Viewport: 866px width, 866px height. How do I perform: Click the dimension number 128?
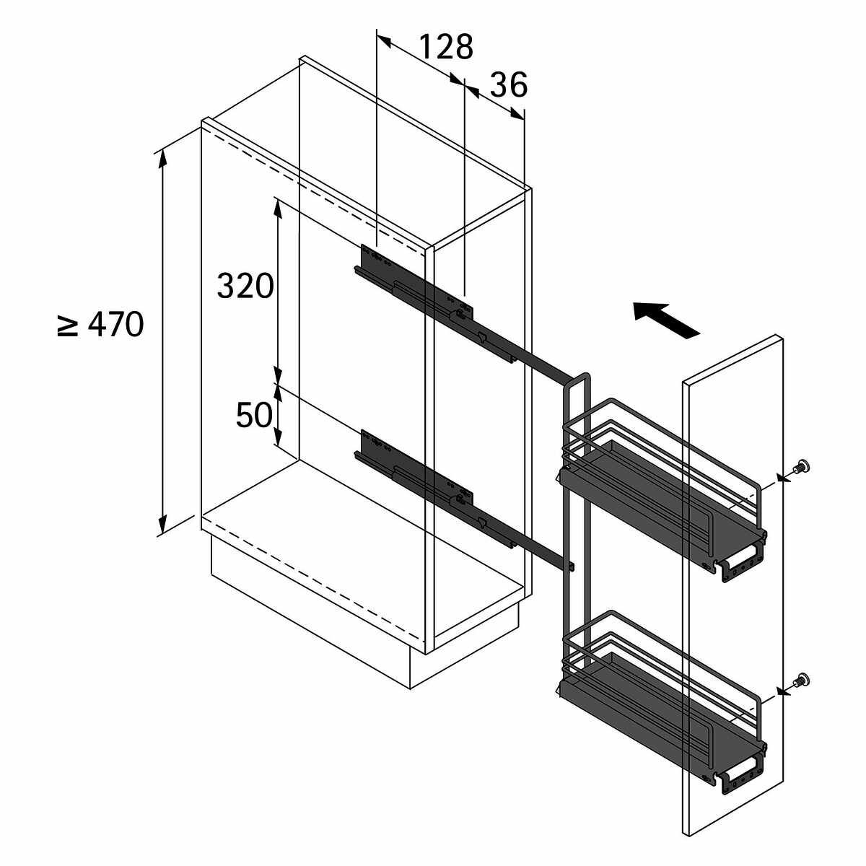tap(446, 47)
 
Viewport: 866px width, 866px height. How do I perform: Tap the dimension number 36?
tap(508, 85)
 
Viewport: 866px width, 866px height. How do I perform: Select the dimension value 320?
tap(245, 286)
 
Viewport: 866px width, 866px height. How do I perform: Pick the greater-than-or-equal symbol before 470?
tap(68, 325)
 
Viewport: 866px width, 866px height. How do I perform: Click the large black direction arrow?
tap(667, 319)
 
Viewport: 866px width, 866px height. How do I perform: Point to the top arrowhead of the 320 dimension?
tap(279, 209)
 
